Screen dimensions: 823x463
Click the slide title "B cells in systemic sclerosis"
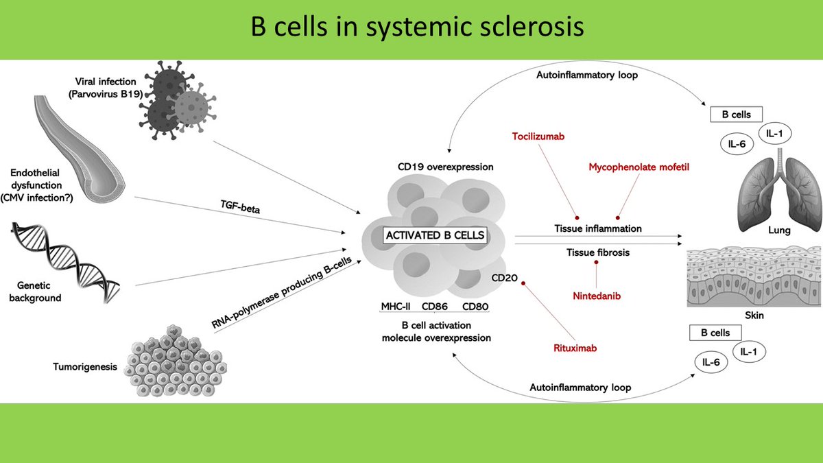417,27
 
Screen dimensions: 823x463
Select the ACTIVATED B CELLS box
435,235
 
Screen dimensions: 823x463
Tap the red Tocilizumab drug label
538,136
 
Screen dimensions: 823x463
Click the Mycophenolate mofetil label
639,167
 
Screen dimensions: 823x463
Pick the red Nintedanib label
597,296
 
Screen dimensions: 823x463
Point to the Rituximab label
575,348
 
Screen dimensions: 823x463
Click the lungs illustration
779,189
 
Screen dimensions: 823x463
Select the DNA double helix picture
65,262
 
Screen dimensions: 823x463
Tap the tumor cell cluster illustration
176,361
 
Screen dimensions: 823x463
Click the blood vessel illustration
79,149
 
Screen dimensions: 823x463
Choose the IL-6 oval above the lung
737,143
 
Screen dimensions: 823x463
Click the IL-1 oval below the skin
749,352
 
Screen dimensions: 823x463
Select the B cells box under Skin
715,333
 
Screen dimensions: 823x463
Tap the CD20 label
505,278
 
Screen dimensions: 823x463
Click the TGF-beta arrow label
240,207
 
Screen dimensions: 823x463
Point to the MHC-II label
396,307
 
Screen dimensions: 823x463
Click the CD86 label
435,307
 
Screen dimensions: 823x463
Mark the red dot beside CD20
523,283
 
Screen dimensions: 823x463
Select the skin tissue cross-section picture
754,276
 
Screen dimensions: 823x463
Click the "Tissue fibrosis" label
598,252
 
